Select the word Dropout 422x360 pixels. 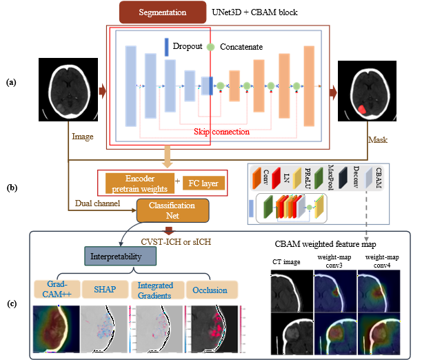(x=188, y=46)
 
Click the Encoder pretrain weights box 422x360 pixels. (x=138, y=183)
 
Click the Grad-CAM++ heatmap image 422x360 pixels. (x=54, y=328)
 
